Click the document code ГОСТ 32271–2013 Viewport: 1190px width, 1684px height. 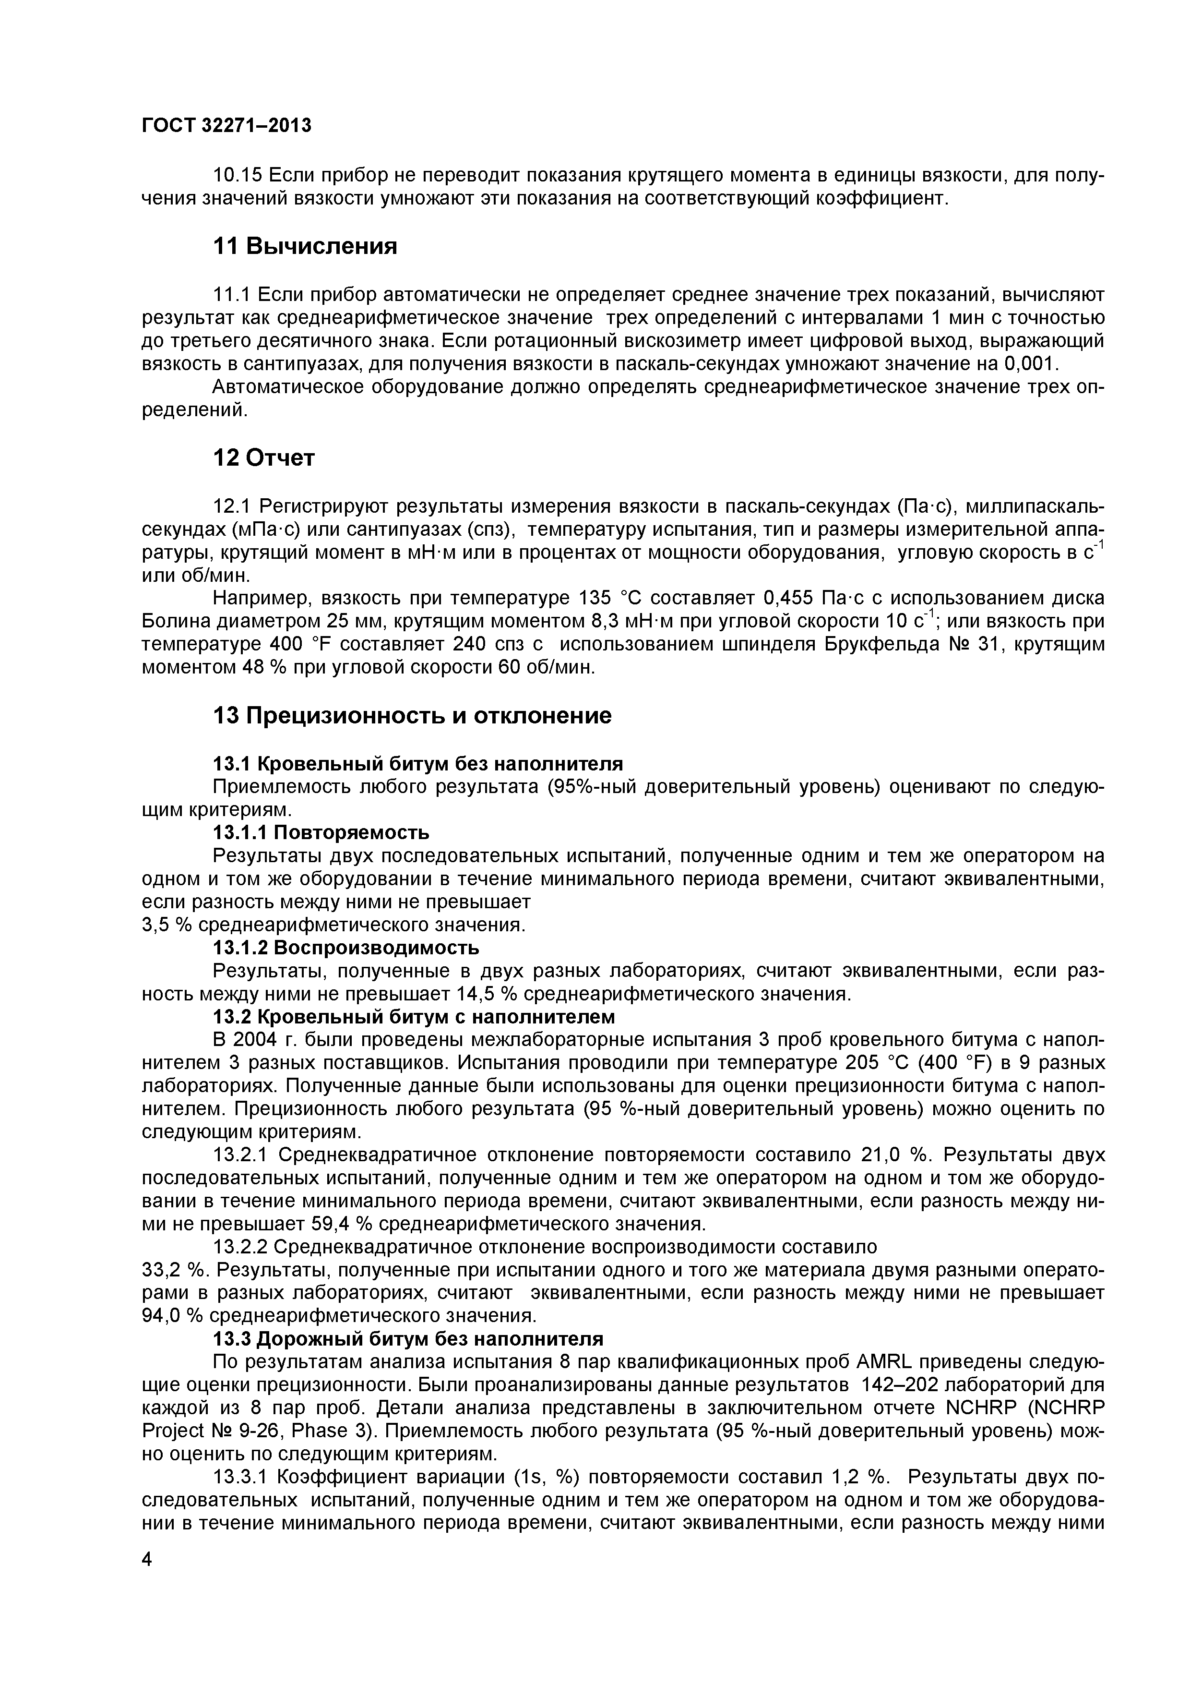(226, 125)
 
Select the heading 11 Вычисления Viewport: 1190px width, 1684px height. (305, 246)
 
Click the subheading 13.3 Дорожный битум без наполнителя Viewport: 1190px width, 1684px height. (408, 1339)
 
